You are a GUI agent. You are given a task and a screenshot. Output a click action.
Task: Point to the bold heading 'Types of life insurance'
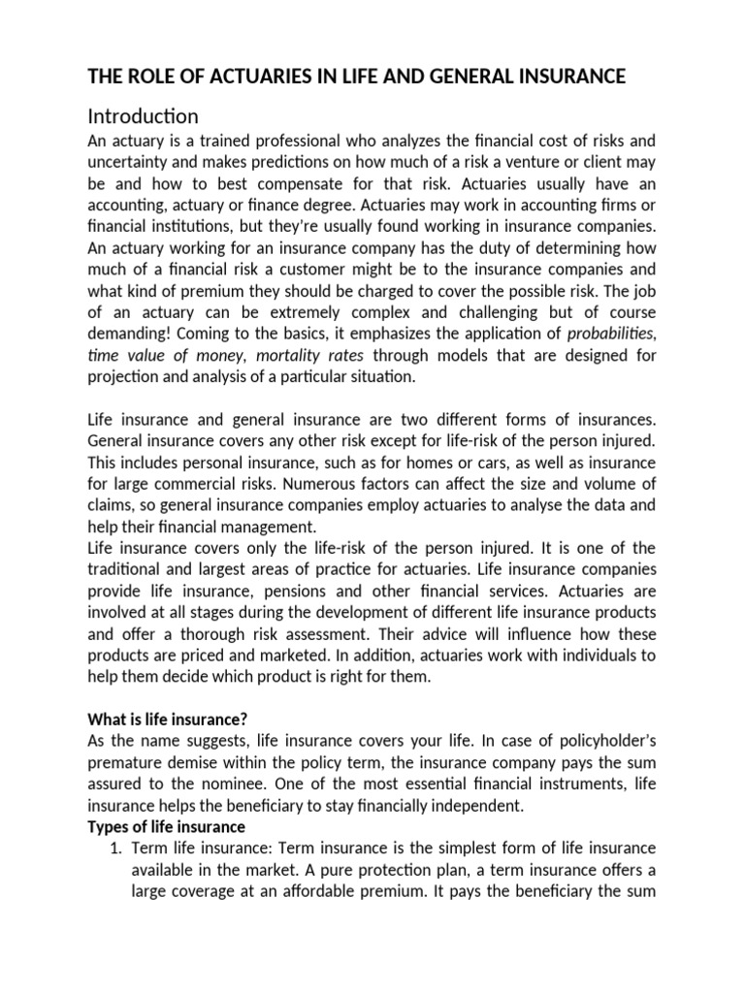pyautogui.click(x=166, y=826)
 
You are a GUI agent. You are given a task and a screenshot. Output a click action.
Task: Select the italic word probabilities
pyautogui.click(x=610, y=334)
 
